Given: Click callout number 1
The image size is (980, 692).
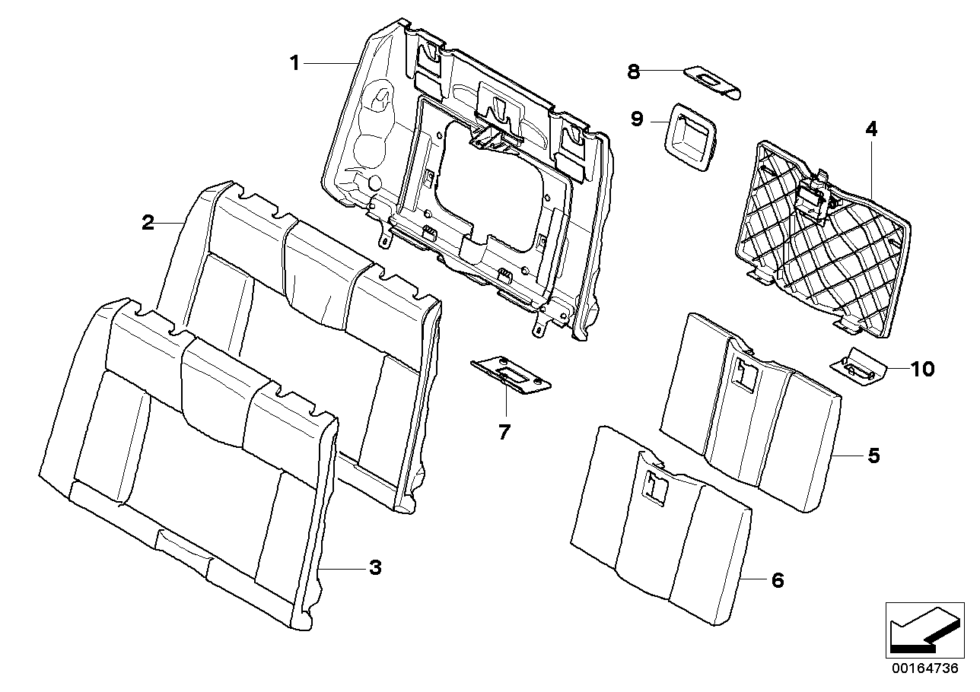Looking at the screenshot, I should point(294,63).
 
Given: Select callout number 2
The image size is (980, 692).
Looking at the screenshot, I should point(148,223).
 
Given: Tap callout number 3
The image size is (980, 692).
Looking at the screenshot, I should point(374,567).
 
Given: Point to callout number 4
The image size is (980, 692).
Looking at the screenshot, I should point(871,129).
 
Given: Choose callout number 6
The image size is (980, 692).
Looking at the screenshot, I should point(777,580).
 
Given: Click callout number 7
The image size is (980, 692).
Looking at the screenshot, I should point(504,432).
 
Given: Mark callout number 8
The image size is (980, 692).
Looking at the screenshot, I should point(633,71).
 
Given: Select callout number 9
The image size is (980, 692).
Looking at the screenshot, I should point(637,119).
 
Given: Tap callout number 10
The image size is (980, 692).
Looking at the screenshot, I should point(921,370).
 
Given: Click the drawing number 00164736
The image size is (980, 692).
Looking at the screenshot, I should point(924,669).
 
